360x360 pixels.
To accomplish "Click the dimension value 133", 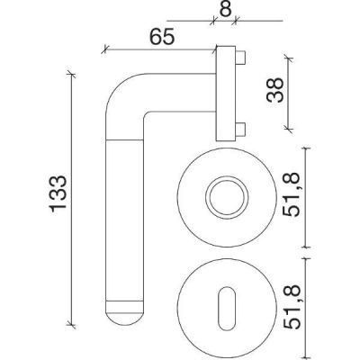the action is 58,193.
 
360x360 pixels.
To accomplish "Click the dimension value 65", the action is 162,37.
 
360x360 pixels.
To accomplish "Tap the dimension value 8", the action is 226,9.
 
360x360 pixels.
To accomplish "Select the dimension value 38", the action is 275,90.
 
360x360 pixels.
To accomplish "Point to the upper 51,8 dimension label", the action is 292,194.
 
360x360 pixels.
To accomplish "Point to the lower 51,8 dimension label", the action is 292,307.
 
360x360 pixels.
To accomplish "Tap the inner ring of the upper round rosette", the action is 227,197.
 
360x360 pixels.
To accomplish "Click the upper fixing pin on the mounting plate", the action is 240,58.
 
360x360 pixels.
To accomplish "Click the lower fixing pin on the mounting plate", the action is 240,129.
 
